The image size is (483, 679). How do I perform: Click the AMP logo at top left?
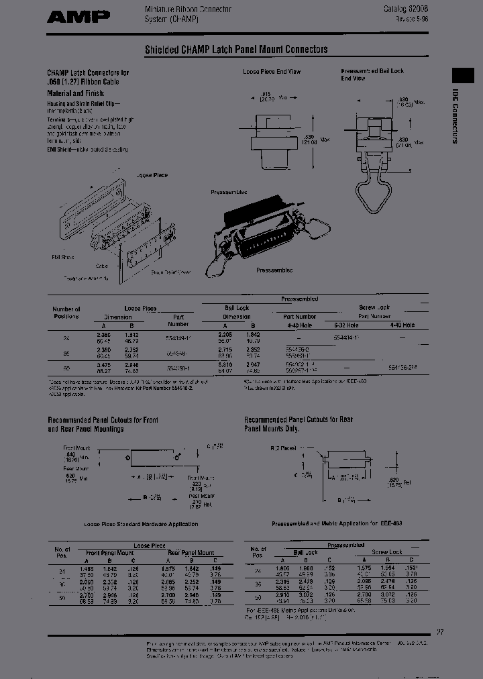click(78, 17)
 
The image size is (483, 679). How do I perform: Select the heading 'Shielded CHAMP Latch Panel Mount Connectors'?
click(236, 50)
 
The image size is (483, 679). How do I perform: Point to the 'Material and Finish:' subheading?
click(74, 93)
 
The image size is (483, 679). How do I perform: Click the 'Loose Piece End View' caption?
click(271, 71)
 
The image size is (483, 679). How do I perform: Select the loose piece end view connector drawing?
click(274, 138)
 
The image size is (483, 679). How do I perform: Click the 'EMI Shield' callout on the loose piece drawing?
click(64, 257)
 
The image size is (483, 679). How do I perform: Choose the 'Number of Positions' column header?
click(66, 313)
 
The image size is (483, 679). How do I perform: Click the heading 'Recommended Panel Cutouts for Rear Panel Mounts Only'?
click(298, 423)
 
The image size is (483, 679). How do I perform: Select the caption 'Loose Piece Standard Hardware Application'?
click(131, 523)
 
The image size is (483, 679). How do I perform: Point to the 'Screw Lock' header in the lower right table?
click(386, 552)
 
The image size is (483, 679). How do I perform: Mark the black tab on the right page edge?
click(465, 76)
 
